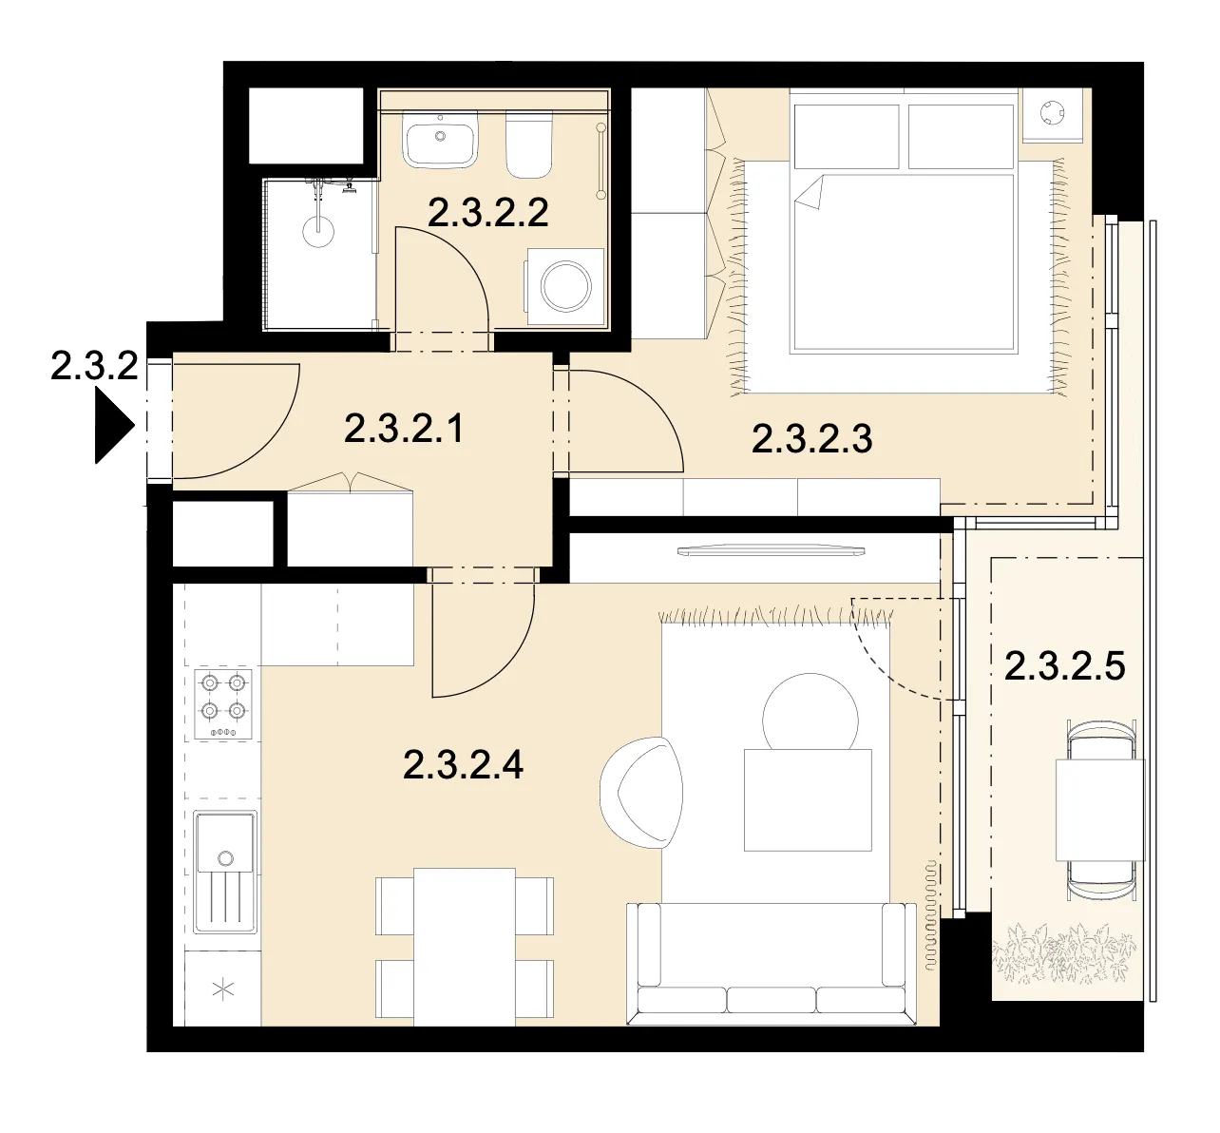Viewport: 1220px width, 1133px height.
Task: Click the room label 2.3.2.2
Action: (x=487, y=213)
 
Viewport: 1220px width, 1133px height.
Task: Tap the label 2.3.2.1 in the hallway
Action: (x=404, y=429)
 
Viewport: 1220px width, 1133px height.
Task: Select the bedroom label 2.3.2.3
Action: (x=811, y=439)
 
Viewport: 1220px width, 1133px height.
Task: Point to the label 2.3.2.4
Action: (x=463, y=765)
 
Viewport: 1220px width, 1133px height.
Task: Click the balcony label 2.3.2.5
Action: (x=1064, y=665)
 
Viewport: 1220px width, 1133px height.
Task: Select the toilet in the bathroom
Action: (x=529, y=145)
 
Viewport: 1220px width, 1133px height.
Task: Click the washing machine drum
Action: (x=565, y=286)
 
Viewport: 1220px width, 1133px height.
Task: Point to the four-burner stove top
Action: (x=223, y=704)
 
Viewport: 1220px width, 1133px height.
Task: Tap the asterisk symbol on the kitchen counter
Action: (x=223, y=990)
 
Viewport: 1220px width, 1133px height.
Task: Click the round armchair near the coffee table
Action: (x=641, y=793)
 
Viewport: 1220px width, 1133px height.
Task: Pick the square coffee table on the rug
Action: (x=808, y=799)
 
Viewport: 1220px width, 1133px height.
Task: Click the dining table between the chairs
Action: (x=465, y=948)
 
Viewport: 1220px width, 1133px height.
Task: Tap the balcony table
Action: (x=1100, y=810)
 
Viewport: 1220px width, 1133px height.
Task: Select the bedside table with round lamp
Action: (x=1052, y=116)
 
